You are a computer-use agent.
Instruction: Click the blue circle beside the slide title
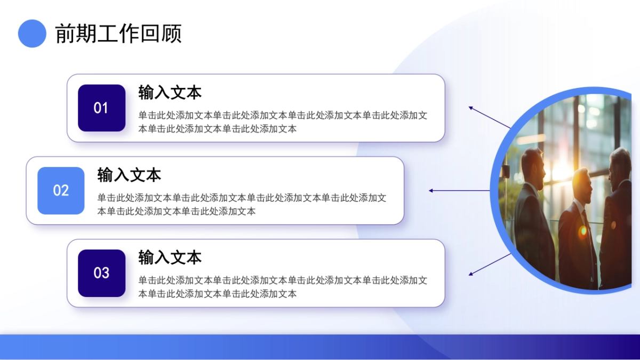click(32, 34)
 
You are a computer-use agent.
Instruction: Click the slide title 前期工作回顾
click(118, 34)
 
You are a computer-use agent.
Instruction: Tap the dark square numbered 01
click(101, 108)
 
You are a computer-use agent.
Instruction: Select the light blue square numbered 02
click(61, 190)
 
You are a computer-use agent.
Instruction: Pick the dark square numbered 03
click(101, 273)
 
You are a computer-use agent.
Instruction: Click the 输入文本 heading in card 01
click(170, 92)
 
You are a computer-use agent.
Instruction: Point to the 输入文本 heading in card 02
click(129, 175)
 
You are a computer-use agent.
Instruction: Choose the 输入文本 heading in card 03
click(170, 258)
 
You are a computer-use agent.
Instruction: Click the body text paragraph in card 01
click(283, 122)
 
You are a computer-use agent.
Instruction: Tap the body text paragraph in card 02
click(242, 205)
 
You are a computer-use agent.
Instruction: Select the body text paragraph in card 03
click(283, 287)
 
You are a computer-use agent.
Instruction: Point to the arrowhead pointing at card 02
click(431, 190)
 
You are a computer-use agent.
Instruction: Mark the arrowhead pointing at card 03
click(471, 274)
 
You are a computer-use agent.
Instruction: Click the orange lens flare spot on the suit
click(583, 230)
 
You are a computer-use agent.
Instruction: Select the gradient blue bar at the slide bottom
click(320, 347)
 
